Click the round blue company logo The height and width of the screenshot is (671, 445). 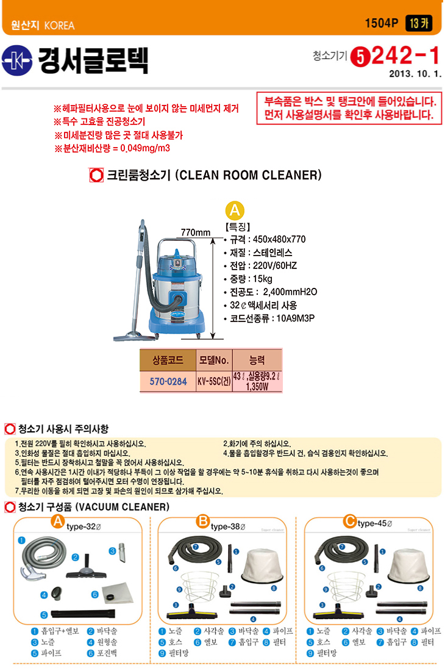pos(16,60)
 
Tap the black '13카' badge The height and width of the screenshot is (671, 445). pos(419,23)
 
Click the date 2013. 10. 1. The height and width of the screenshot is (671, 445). pos(415,74)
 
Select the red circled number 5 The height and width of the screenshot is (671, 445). pos(360,57)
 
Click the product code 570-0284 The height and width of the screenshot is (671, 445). pos(168,381)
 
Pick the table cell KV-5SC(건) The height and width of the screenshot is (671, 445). pos(214,381)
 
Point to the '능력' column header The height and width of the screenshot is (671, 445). pos(257,360)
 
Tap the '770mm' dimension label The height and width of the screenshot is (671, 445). pos(195,232)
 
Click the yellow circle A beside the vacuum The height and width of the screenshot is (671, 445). pos(235,210)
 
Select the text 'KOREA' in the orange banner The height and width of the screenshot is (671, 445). pos(59,26)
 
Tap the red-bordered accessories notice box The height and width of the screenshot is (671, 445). pos(349,108)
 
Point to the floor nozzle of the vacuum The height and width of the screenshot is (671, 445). pos(134,336)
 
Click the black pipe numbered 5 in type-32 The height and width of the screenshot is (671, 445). pos(83,614)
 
